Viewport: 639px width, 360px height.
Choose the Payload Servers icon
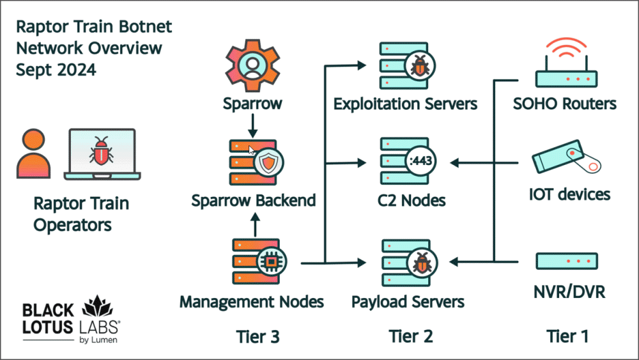click(x=408, y=262)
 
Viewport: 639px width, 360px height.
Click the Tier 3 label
click(x=258, y=335)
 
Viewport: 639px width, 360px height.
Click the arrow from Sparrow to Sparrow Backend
click(x=252, y=126)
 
